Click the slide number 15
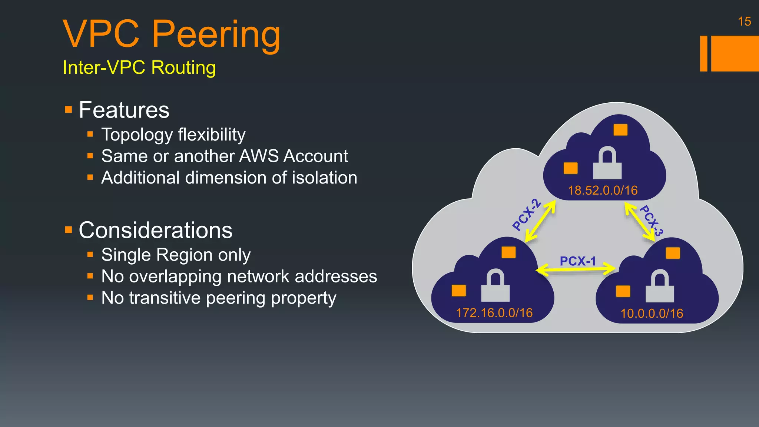tap(744, 21)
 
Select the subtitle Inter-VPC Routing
tap(139, 67)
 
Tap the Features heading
tap(124, 110)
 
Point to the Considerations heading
tap(155, 230)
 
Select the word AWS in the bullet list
tap(259, 156)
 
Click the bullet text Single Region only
tap(176, 255)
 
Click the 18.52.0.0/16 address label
tap(603, 191)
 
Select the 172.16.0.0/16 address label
tap(494, 313)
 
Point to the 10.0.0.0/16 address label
tap(652, 314)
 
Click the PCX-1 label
tap(578, 261)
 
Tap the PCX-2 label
tap(527, 215)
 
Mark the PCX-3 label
tap(652, 221)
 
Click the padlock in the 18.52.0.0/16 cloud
tap(607, 163)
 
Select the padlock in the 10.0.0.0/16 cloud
tap(660, 286)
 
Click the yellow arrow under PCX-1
tap(576, 269)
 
